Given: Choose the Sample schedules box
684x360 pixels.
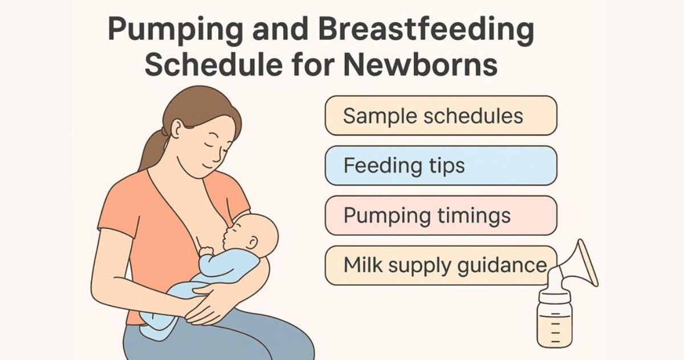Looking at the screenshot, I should coord(441,116).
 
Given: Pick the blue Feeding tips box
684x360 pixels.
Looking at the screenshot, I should coord(441,166).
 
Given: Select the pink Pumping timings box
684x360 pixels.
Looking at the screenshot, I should coord(441,215).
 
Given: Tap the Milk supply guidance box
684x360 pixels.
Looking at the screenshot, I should coord(441,265).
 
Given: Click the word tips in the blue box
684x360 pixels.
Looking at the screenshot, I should coord(445,166).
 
